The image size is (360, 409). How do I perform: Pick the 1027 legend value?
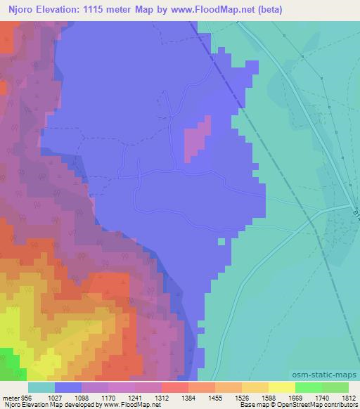pos(55,397)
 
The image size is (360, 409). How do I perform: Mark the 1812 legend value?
pos(349,397)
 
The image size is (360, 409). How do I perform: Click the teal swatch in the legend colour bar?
pos(41,387)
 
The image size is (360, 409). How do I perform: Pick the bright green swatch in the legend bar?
pos(309,387)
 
